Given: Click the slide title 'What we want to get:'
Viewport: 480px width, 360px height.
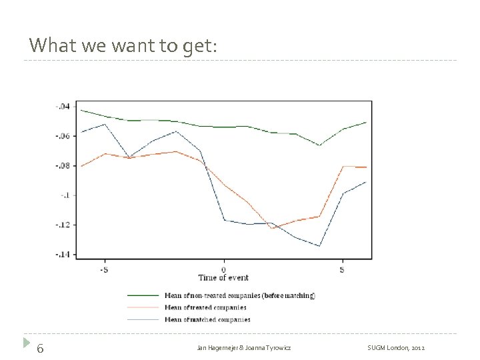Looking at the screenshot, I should [x=123, y=45].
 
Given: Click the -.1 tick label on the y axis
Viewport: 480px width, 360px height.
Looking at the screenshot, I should [x=65, y=195].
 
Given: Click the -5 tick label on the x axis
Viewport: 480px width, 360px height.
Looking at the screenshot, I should [x=104, y=269].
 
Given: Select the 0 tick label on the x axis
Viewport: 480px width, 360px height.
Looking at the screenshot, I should [x=223, y=269].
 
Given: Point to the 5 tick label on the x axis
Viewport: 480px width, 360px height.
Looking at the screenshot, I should [x=343, y=269].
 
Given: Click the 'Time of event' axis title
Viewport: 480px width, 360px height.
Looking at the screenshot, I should [x=223, y=278].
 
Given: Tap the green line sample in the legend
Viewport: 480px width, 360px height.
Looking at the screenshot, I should [x=143, y=295].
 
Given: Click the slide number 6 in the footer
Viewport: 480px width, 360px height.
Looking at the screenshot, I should [x=41, y=348].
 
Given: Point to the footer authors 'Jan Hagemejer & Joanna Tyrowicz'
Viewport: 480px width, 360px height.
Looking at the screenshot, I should [x=244, y=349].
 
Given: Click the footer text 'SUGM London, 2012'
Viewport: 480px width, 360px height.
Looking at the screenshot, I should [x=395, y=349].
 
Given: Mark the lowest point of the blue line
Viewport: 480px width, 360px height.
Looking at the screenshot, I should [x=319, y=246].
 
